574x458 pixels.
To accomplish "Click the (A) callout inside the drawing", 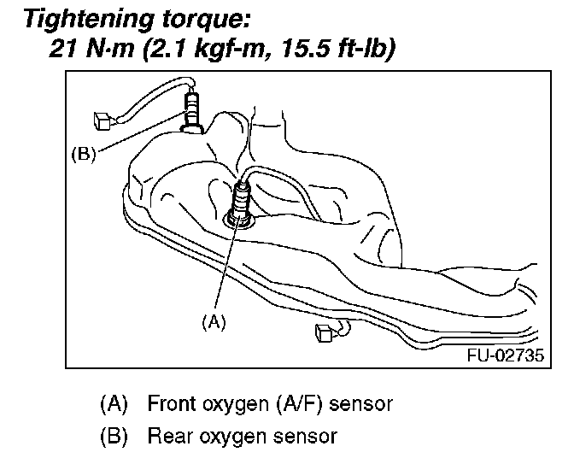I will tap(214, 322).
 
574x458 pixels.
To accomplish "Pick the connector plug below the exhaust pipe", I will tap(325, 332).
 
